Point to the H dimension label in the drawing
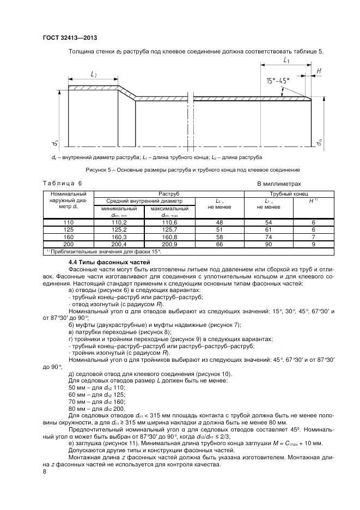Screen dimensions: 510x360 tap(319, 71)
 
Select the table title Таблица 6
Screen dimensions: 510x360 tap(62, 184)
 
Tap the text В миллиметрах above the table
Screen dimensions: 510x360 tap(278, 184)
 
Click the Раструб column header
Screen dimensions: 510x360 tap(169, 194)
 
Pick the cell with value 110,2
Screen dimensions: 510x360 tap(119, 223)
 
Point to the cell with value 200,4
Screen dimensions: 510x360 tap(119, 245)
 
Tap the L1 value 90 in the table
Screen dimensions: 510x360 tap(268, 245)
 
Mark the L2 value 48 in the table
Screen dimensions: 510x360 tap(219, 223)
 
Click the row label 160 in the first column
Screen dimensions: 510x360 tap(68, 238)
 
